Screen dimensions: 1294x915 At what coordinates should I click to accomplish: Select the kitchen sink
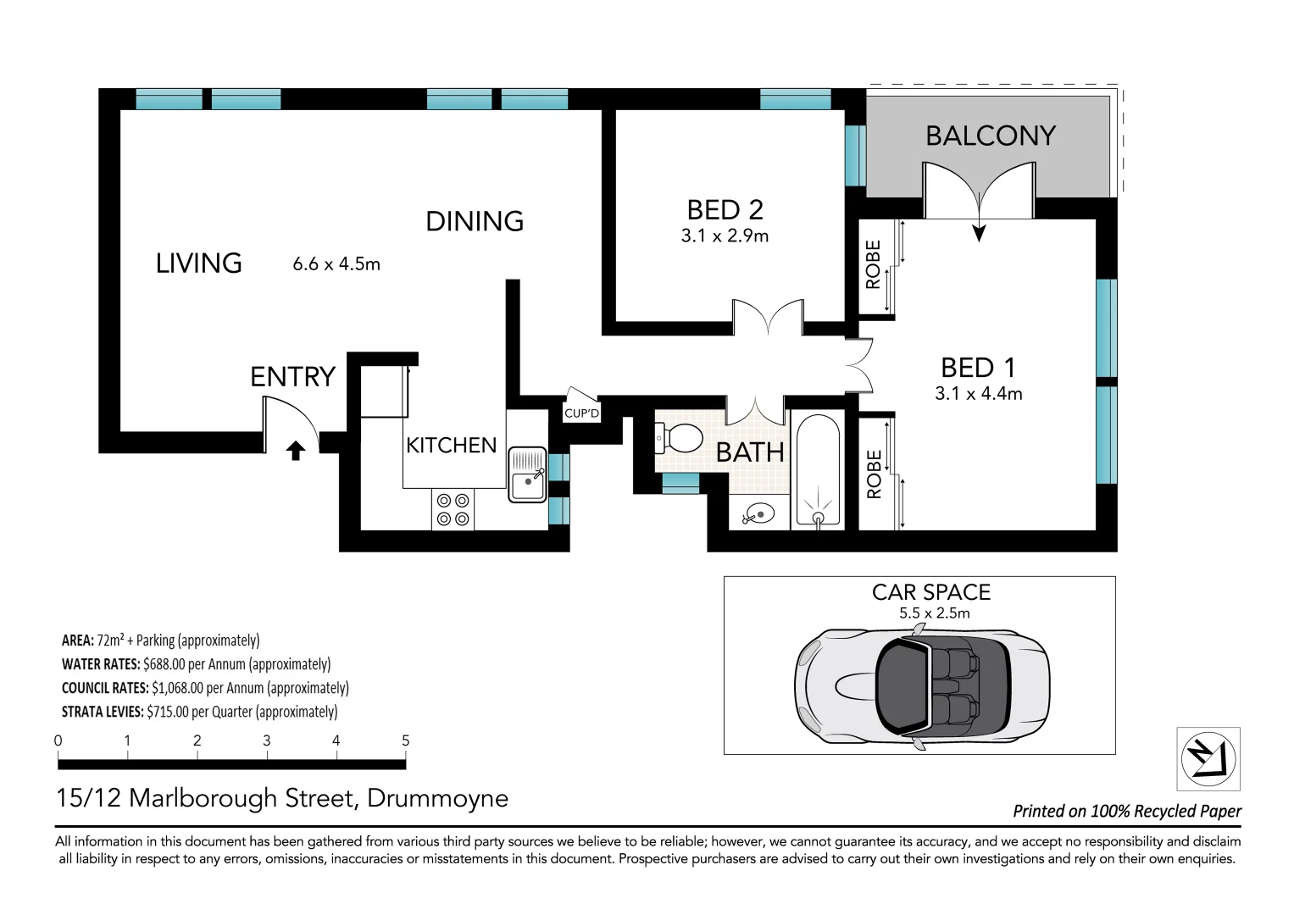coord(527,474)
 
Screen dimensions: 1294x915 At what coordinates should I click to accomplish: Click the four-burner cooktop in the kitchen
coord(453,509)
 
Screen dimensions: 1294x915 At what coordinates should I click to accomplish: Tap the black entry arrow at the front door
coord(296,451)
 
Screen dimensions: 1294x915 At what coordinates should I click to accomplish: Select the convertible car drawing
coord(922,690)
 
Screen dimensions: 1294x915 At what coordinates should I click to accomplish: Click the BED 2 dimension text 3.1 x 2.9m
coord(725,236)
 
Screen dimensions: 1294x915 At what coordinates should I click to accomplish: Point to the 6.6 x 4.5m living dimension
coord(336,264)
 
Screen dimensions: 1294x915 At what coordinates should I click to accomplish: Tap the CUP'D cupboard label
coord(581,413)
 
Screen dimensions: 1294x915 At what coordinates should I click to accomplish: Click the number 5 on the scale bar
coord(406,740)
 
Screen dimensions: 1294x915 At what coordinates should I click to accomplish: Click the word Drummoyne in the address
coord(438,798)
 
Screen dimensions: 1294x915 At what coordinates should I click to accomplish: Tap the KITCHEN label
coord(451,446)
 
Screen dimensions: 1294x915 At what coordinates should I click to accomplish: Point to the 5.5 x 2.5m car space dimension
coord(934,613)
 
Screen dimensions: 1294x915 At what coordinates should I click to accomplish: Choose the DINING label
coord(475,221)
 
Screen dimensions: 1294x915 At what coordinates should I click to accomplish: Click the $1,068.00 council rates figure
coord(178,688)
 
